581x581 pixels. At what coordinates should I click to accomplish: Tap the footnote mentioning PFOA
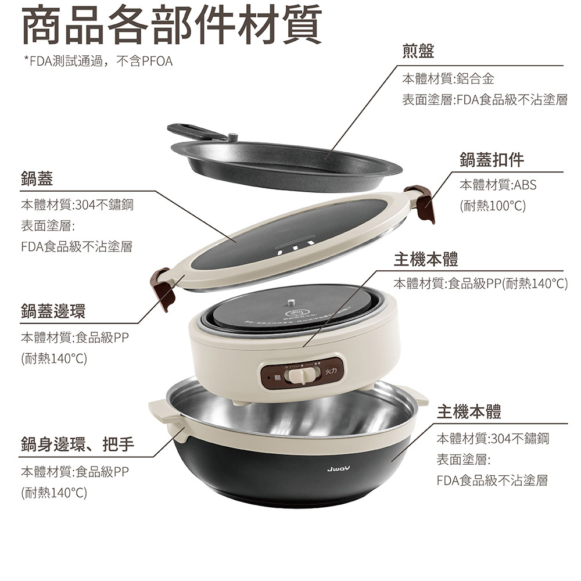coord(98,61)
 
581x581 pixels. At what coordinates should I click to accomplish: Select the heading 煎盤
coord(418,51)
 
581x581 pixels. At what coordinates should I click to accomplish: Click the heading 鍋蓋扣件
coord(492,160)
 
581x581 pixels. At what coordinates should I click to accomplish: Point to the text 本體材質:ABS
coord(498,185)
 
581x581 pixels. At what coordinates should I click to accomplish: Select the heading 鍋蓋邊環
coord(53,311)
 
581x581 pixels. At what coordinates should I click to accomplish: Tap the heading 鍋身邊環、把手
coord(77,444)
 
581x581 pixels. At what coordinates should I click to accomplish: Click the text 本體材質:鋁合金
coord(448,78)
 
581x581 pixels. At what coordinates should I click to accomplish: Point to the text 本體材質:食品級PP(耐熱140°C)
coord(480,284)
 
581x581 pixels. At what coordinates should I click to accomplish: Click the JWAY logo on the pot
coord(338,469)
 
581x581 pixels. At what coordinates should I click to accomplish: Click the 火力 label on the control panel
coord(331,371)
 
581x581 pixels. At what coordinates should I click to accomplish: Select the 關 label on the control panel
coord(278,378)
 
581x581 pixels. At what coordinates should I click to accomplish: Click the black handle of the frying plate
coord(196,131)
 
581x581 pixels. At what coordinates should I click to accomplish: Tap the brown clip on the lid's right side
coord(421,203)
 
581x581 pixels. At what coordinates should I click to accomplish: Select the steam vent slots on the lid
coord(296,247)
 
